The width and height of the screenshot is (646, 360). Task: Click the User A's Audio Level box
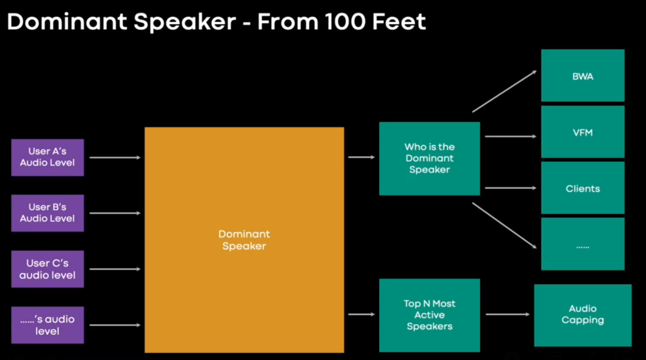(x=47, y=158)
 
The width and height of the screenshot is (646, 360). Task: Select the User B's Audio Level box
(x=47, y=213)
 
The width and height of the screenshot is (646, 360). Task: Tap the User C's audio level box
(x=47, y=269)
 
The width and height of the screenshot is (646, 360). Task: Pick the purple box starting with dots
(x=47, y=325)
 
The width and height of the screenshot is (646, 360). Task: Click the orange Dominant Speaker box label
(x=244, y=240)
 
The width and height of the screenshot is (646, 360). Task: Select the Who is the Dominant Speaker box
(x=429, y=159)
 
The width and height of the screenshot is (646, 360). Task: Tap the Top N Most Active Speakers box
(x=429, y=315)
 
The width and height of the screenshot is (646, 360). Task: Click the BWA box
(x=582, y=76)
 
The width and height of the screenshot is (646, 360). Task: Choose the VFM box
(x=582, y=132)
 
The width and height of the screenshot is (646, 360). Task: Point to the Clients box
(x=582, y=188)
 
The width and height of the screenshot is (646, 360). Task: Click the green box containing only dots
(x=582, y=244)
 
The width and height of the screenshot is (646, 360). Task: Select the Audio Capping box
(x=582, y=315)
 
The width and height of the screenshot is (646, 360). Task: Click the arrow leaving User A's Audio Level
(x=115, y=158)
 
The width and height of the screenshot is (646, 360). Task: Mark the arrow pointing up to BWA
(x=504, y=91)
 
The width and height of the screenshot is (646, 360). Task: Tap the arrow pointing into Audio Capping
(x=508, y=314)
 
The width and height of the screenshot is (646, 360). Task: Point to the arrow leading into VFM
(x=511, y=136)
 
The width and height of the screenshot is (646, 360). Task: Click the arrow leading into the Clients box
(x=511, y=188)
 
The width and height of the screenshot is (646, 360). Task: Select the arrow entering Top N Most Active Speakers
(x=361, y=314)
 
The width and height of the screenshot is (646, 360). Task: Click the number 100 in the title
(x=345, y=21)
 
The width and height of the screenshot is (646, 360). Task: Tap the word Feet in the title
(x=399, y=21)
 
